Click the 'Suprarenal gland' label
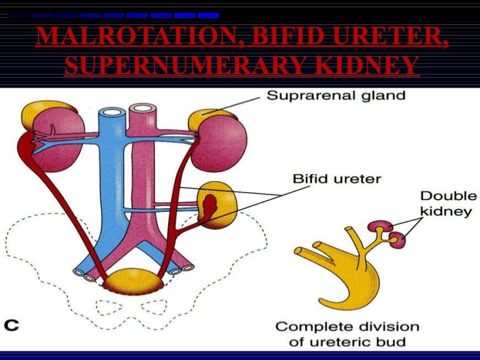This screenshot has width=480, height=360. click(335, 96)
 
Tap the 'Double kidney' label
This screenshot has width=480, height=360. click(448, 204)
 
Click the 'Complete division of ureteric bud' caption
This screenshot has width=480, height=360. click(347, 334)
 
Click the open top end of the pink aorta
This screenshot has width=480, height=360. click(140, 109)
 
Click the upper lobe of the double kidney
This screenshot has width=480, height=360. click(382, 227)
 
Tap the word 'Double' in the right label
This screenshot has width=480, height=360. click(448, 196)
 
